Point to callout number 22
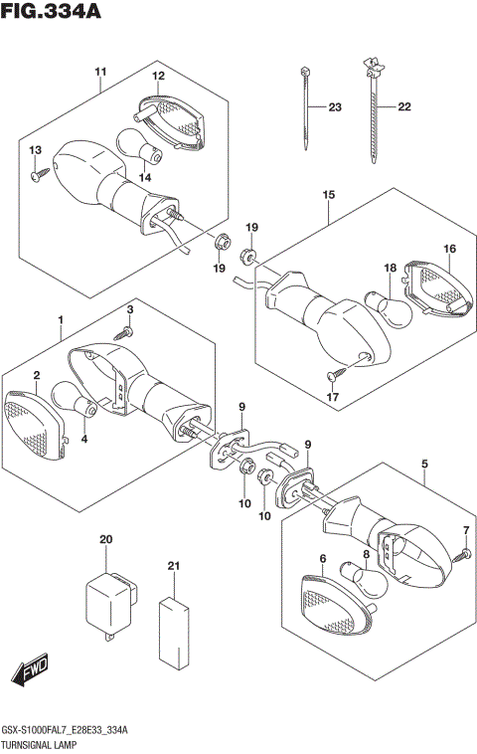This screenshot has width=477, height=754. [x=404, y=106]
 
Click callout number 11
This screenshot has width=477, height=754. [x=100, y=72]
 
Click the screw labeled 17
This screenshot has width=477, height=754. [x=334, y=375]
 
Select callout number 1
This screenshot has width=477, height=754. [x=61, y=319]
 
